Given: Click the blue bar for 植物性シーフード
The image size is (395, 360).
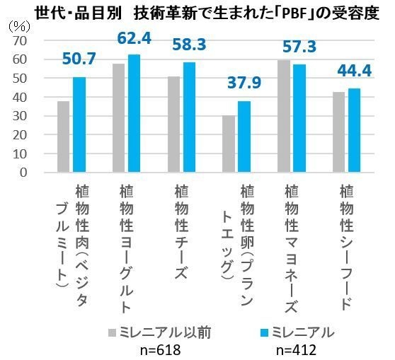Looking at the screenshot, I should click(x=355, y=130).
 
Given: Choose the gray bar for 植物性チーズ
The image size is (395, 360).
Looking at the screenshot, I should click(x=174, y=124).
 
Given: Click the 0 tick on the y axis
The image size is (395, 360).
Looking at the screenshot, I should click(x=24, y=172).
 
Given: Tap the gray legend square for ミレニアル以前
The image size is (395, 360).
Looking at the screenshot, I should click(x=112, y=332).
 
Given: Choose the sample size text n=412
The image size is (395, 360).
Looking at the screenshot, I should click(x=294, y=349).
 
